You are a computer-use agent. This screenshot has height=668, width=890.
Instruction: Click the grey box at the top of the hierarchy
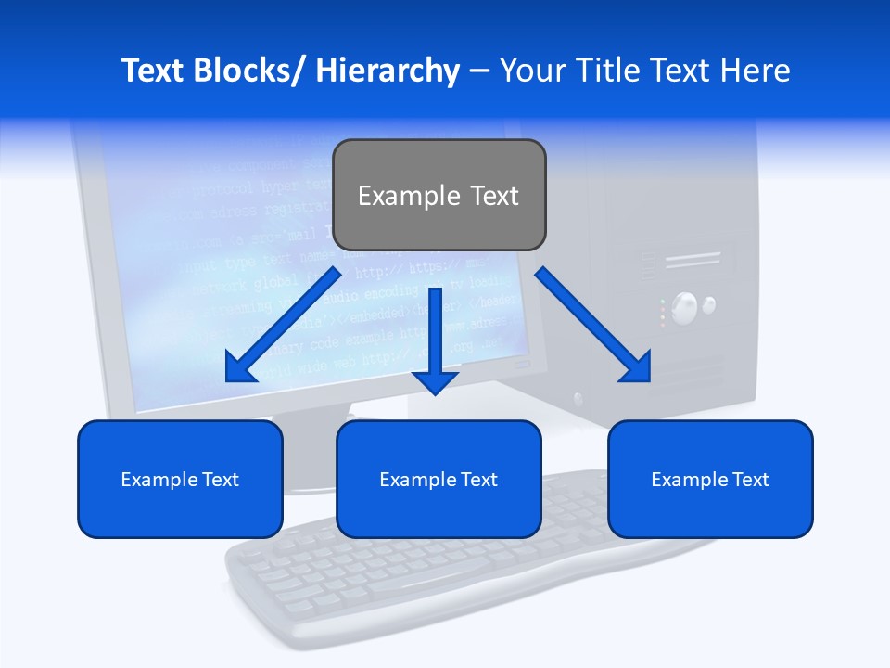pyautogui.click(x=439, y=195)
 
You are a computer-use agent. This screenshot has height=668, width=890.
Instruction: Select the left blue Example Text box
pyautogui.click(x=180, y=479)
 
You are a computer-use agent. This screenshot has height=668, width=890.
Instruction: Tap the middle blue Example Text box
pyautogui.click(x=439, y=479)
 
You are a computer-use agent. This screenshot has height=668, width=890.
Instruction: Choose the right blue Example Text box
pyautogui.click(x=710, y=479)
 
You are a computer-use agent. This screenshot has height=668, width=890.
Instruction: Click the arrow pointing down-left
pyautogui.click(x=283, y=325)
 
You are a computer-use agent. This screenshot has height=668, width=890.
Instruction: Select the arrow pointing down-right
pyautogui.click(x=593, y=325)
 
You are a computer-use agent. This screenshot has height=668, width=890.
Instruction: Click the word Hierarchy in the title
pyautogui.click(x=388, y=71)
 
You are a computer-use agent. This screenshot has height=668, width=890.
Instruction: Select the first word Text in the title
pyautogui.click(x=151, y=71)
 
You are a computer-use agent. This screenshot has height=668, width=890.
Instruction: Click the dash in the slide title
pyautogui.click(x=479, y=71)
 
